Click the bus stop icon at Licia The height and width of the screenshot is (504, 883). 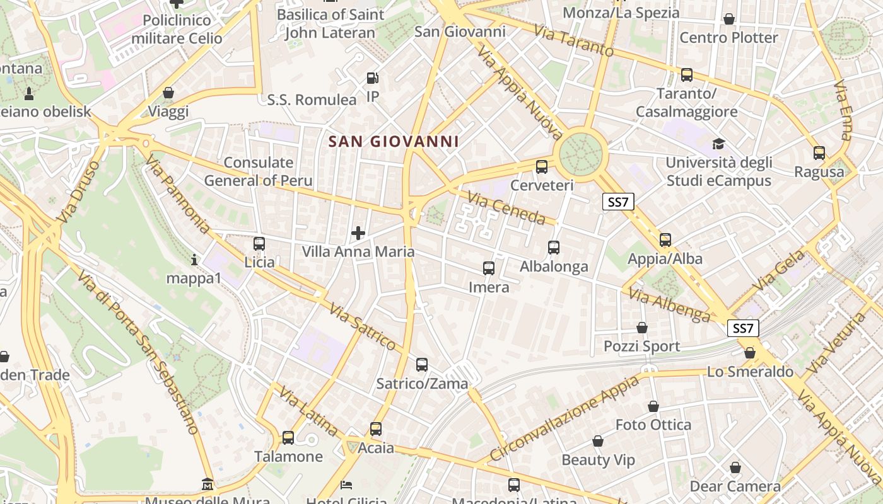pyautogui.click(x=259, y=244)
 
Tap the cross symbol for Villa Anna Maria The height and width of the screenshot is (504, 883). pyautogui.click(x=358, y=234)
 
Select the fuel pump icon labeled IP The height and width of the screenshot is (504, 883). pyautogui.click(x=373, y=78)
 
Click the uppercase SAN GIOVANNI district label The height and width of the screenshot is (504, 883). pyautogui.click(x=394, y=142)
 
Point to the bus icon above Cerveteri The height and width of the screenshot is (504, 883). pyautogui.click(x=541, y=167)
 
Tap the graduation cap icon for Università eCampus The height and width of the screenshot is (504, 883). pyautogui.click(x=718, y=144)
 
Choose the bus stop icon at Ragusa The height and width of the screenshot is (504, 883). pyautogui.click(x=819, y=152)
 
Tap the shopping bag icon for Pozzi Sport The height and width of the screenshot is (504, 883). pyautogui.click(x=641, y=328)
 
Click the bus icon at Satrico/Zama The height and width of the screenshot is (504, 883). pyautogui.click(x=421, y=364)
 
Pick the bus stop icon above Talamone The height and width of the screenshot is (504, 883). pyautogui.click(x=288, y=437)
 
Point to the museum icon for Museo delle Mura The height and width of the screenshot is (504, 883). pyautogui.click(x=208, y=484)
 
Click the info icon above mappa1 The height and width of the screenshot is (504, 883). pyautogui.click(x=194, y=260)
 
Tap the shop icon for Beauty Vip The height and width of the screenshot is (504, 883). pyautogui.click(x=597, y=441)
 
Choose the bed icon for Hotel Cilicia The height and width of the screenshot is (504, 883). pyautogui.click(x=346, y=485)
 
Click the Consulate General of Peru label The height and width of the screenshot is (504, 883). pyautogui.click(x=258, y=171)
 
